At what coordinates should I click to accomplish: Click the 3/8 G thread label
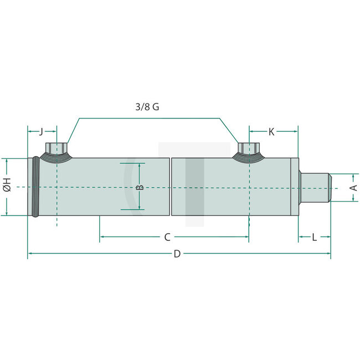(147, 107)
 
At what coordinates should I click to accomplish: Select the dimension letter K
(271, 131)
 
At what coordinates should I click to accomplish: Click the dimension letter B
(140, 187)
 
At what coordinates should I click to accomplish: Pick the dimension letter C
(167, 238)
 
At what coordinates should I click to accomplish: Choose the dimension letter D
(177, 254)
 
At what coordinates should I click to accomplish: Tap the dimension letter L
(314, 238)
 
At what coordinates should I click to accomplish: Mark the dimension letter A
(353, 187)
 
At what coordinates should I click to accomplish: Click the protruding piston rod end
(316, 187)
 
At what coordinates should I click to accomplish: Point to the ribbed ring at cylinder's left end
(37, 187)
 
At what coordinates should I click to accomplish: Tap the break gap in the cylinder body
(171, 187)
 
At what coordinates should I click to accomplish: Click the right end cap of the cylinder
(295, 187)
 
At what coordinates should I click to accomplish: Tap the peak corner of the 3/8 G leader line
(79, 117)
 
